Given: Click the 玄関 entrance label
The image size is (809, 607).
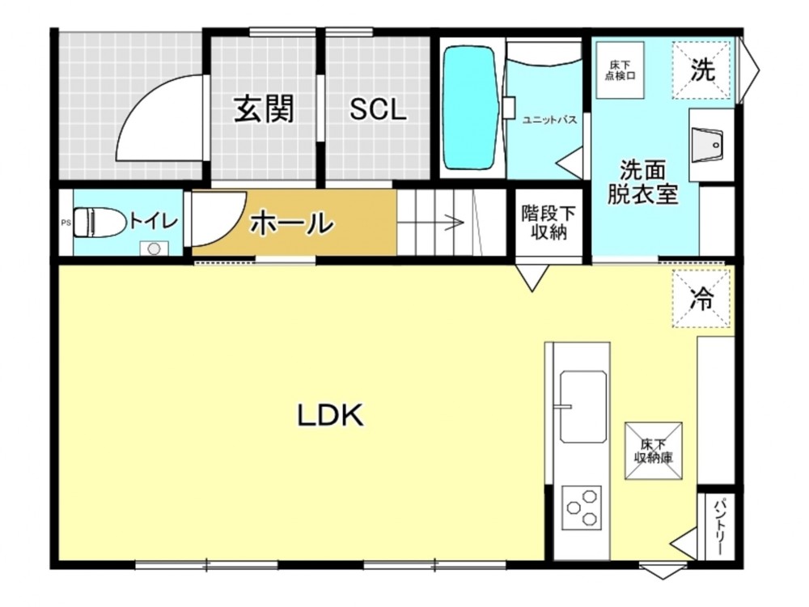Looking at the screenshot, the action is [265, 108].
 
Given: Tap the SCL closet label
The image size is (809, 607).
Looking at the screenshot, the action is [378, 109].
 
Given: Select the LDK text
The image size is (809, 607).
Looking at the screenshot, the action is [331, 415].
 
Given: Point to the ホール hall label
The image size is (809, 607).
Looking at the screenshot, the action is [291, 223].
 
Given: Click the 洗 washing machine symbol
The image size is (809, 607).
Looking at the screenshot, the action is [702, 70].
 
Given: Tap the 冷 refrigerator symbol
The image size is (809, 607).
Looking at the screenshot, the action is [702, 299].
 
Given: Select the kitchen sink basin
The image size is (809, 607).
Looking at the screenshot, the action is [582, 406].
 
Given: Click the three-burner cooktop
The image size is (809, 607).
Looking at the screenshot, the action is [582, 507].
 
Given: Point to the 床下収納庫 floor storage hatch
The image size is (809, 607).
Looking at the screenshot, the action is [654, 451].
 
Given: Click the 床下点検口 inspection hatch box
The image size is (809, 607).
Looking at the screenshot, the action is [620, 70].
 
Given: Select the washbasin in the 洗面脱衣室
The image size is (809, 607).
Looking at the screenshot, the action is [707, 145].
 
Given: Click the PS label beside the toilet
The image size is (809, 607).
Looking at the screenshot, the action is [66, 223].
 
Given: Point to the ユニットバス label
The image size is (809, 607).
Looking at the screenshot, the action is [549, 120].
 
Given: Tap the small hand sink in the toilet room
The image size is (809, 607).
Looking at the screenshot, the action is [154, 248].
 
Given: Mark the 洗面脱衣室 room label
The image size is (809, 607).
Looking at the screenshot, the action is [642, 182].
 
